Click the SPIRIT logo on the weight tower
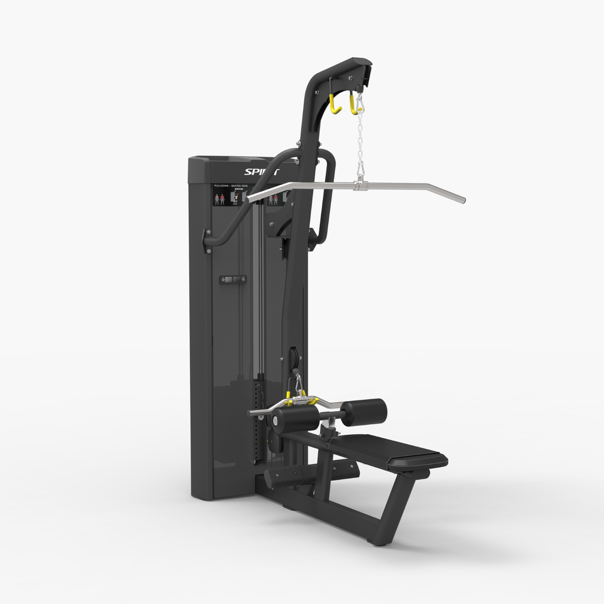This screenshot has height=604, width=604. [x=261, y=172]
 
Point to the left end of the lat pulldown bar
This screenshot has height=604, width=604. [x=254, y=198]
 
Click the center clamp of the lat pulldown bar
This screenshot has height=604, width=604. [x=360, y=186]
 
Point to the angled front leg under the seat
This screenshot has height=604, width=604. [x=393, y=507]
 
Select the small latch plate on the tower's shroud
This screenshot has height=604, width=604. [x=232, y=279]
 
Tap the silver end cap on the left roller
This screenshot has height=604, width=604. [x=275, y=421]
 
